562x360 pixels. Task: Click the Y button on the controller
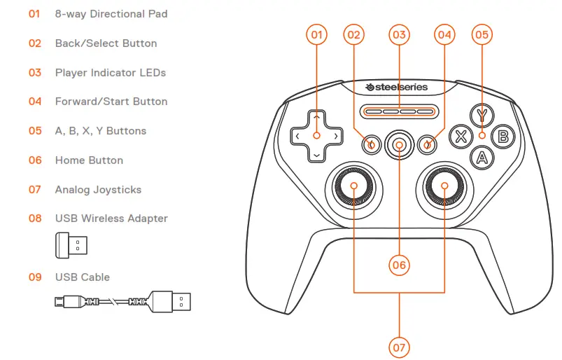[481, 115]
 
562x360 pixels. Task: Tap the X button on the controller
[461, 136]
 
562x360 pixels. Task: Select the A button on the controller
[481, 157]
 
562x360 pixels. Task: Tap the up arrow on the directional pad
[316, 117]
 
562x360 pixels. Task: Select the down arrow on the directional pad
[316, 154]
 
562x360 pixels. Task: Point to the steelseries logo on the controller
[399, 88]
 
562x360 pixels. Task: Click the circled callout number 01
[316, 34]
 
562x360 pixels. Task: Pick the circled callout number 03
[399, 34]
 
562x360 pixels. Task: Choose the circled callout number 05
[482, 34]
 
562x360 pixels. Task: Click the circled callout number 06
[399, 265]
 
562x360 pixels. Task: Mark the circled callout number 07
[399, 346]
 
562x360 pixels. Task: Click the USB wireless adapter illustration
[72, 246]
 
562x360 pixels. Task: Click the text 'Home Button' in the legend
[89, 160]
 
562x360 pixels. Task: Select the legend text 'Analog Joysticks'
[98, 190]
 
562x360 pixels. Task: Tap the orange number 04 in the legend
[35, 102]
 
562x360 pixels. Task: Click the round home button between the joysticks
[399, 145]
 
